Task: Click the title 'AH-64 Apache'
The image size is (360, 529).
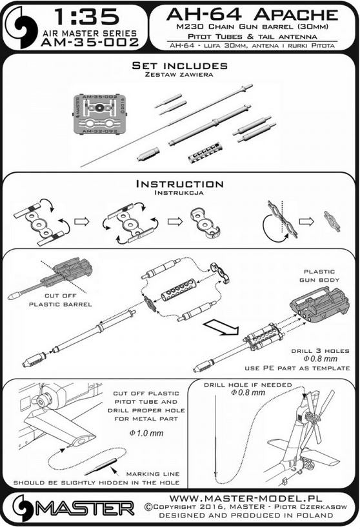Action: point(252,14)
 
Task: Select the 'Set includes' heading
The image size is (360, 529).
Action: point(179,66)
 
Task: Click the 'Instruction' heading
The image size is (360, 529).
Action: point(179,184)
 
